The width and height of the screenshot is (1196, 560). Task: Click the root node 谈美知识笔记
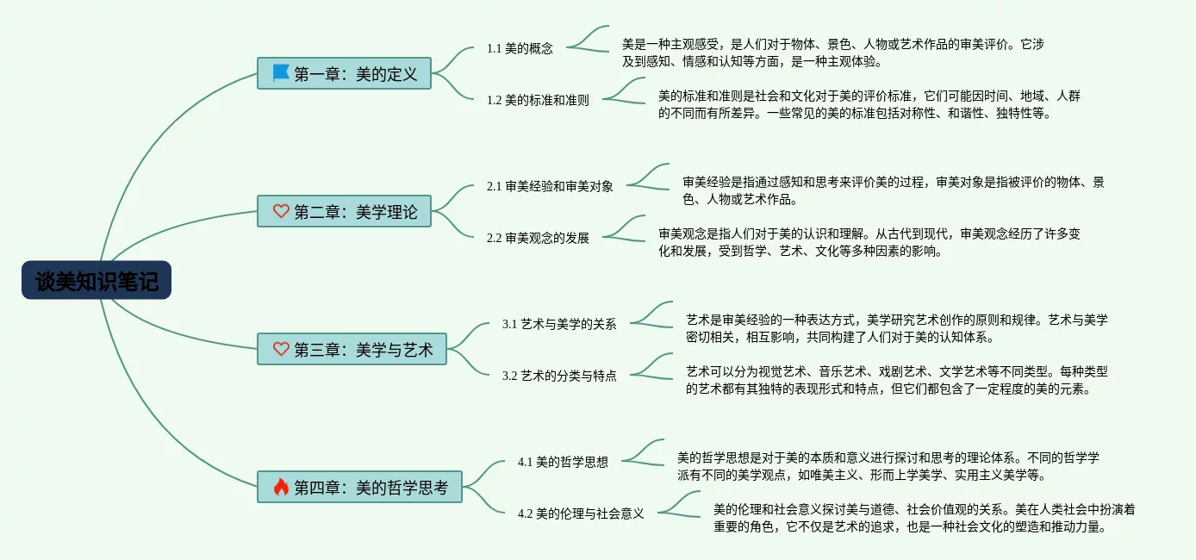click(x=97, y=281)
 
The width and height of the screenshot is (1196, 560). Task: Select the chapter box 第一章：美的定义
click(x=344, y=73)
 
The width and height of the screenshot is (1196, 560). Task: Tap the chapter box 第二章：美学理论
click(x=344, y=211)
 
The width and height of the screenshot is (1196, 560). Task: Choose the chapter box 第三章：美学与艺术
click(x=352, y=349)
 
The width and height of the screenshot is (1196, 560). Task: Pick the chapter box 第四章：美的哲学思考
click(x=359, y=487)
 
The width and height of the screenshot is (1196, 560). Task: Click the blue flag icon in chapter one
click(x=281, y=73)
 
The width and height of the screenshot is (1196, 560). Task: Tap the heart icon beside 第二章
click(x=281, y=211)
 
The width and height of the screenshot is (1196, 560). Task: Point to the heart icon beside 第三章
click(x=281, y=349)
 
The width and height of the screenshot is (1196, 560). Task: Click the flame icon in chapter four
click(x=281, y=487)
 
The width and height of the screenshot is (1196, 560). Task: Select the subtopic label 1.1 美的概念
click(x=520, y=48)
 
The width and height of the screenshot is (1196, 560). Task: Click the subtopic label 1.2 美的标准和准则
click(x=538, y=100)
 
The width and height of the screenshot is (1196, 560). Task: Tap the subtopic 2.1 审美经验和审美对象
click(x=550, y=186)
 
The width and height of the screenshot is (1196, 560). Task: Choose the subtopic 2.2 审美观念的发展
click(x=538, y=238)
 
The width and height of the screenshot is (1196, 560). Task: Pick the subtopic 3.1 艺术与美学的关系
click(x=559, y=324)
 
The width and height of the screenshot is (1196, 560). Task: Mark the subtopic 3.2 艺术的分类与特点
click(x=559, y=376)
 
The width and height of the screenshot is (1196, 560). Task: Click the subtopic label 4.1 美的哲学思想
click(x=563, y=462)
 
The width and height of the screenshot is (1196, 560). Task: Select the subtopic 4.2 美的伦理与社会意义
click(x=581, y=513)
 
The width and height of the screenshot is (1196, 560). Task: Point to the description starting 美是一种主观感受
click(x=833, y=52)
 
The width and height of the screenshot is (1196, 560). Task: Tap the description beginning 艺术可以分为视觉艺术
click(x=896, y=380)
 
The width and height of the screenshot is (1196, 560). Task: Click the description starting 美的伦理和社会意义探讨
click(x=924, y=518)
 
